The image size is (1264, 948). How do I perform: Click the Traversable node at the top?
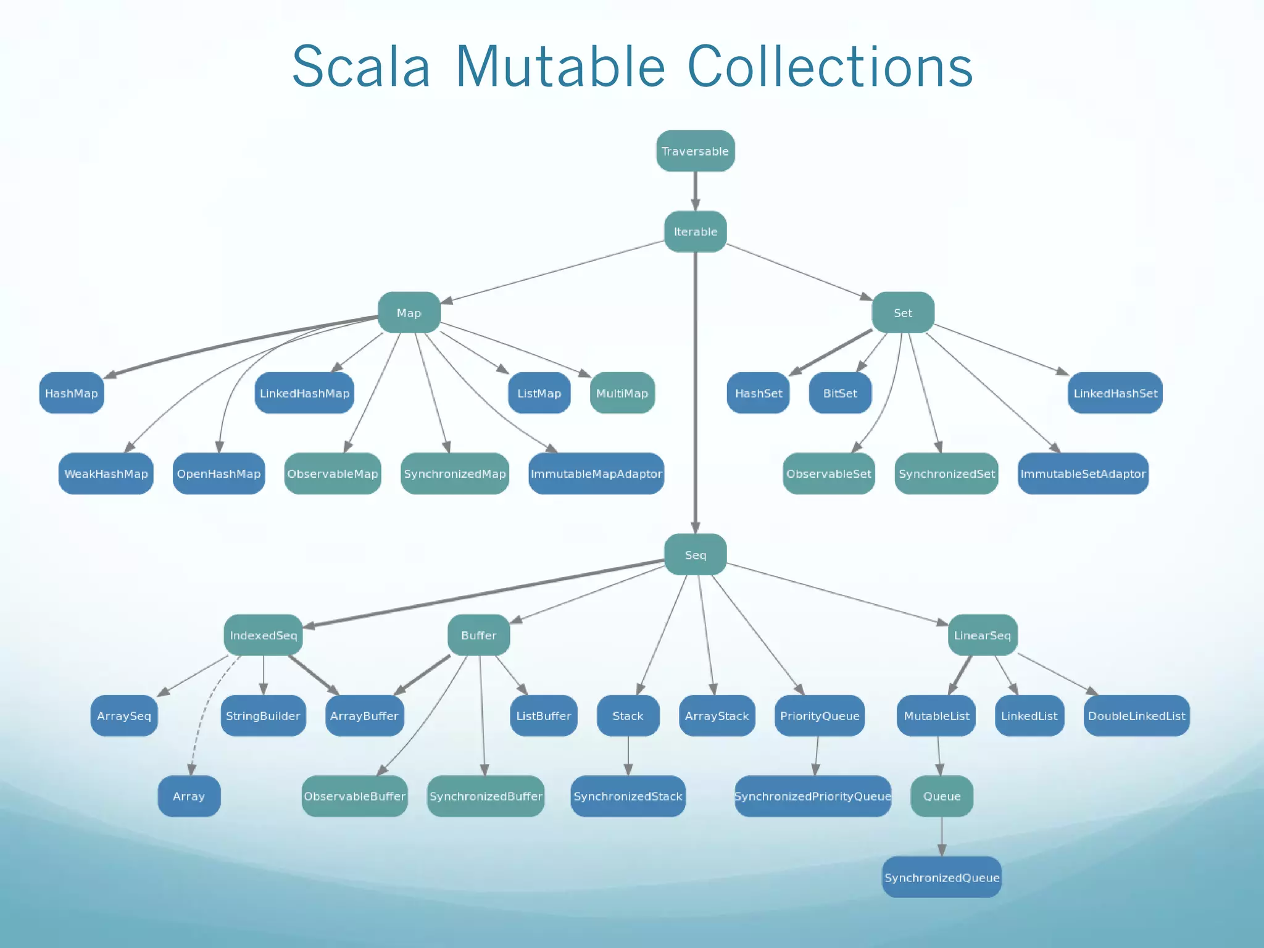695,151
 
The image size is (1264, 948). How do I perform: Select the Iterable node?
695,231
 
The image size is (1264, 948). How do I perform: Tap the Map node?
409,313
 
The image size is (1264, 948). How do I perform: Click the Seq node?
695,555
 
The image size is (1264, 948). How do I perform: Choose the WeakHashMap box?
106,474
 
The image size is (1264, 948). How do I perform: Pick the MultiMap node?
622,393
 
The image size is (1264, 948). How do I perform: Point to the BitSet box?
840,393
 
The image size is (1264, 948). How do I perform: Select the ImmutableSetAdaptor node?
1083,474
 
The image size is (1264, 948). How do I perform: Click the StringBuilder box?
263,716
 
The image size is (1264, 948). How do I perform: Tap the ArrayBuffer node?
364,716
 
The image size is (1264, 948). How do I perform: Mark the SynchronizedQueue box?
942,877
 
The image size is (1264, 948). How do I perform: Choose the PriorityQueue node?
820,716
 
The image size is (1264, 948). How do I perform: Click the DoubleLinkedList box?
1136,716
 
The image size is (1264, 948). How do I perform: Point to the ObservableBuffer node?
355,796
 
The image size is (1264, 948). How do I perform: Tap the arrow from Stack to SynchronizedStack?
628,756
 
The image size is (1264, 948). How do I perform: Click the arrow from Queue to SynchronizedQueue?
942,836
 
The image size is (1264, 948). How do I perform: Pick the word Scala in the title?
361,67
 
